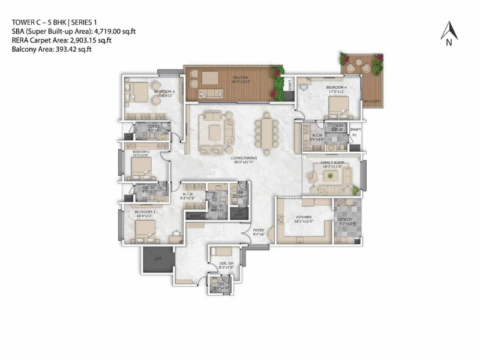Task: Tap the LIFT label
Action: click(x=158, y=259)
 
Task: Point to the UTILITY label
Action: click(x=347, y=220)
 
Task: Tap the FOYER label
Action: click(x=258, y=230)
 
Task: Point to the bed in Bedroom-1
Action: click(x=144, y=230)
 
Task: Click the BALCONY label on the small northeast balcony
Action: click(x=371, y=101)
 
